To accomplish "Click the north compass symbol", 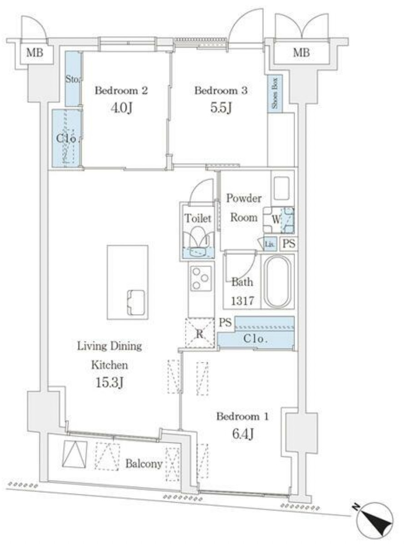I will coord(376,522).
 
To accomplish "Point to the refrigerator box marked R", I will coord(199,333).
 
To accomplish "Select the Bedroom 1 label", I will coord(242,416).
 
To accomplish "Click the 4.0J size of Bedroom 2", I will coord(120,109).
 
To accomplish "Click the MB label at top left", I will coord(35,53).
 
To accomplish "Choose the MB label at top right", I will coord(301,53).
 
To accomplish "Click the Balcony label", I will coord(144,464).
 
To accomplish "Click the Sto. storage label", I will coord(73,79).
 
